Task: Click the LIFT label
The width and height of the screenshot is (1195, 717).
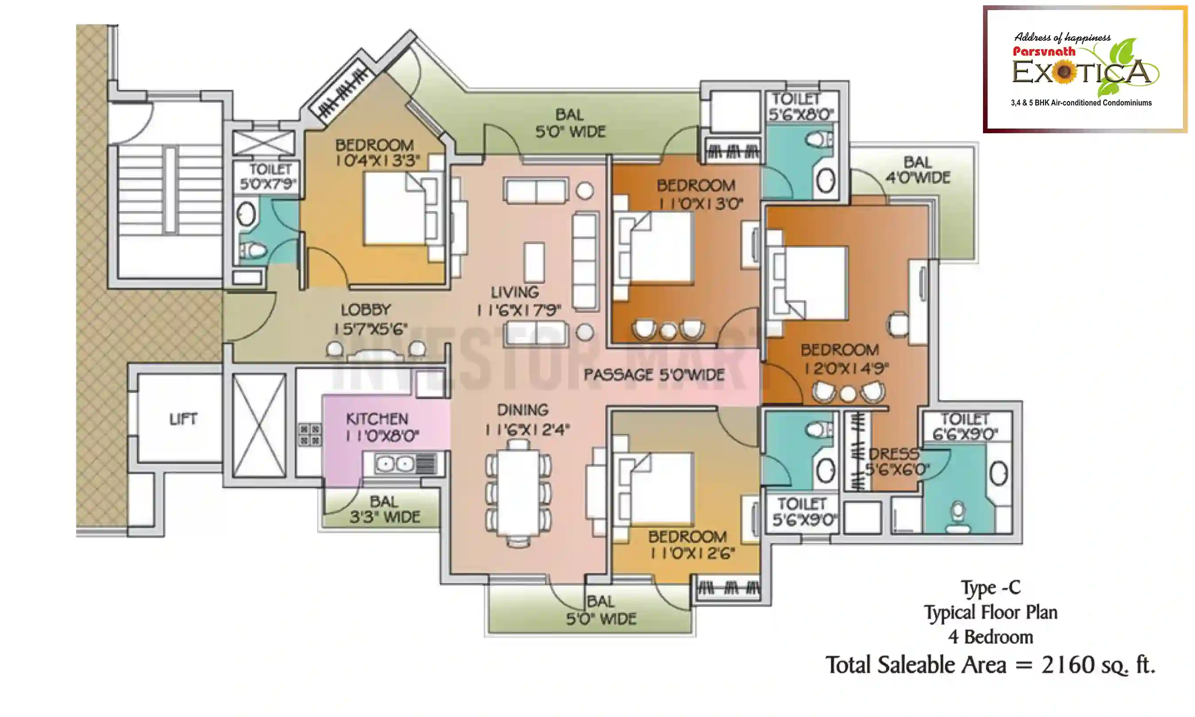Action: [x=183, y=419]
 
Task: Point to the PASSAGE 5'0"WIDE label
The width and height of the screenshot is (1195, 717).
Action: [x=654, y=374]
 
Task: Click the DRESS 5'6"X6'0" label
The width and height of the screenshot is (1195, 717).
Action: [x=895, y=462]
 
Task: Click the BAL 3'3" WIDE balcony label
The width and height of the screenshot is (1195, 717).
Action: [x=385, y=509]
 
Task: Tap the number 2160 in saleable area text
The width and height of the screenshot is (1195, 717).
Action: [x=1068, y=665]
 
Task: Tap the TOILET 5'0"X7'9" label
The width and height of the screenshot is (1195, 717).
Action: [x=269, y=176]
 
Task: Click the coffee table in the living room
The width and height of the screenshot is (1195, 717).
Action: [x=534, y=262]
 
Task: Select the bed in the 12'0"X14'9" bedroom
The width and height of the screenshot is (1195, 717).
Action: [x=814, y=283]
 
